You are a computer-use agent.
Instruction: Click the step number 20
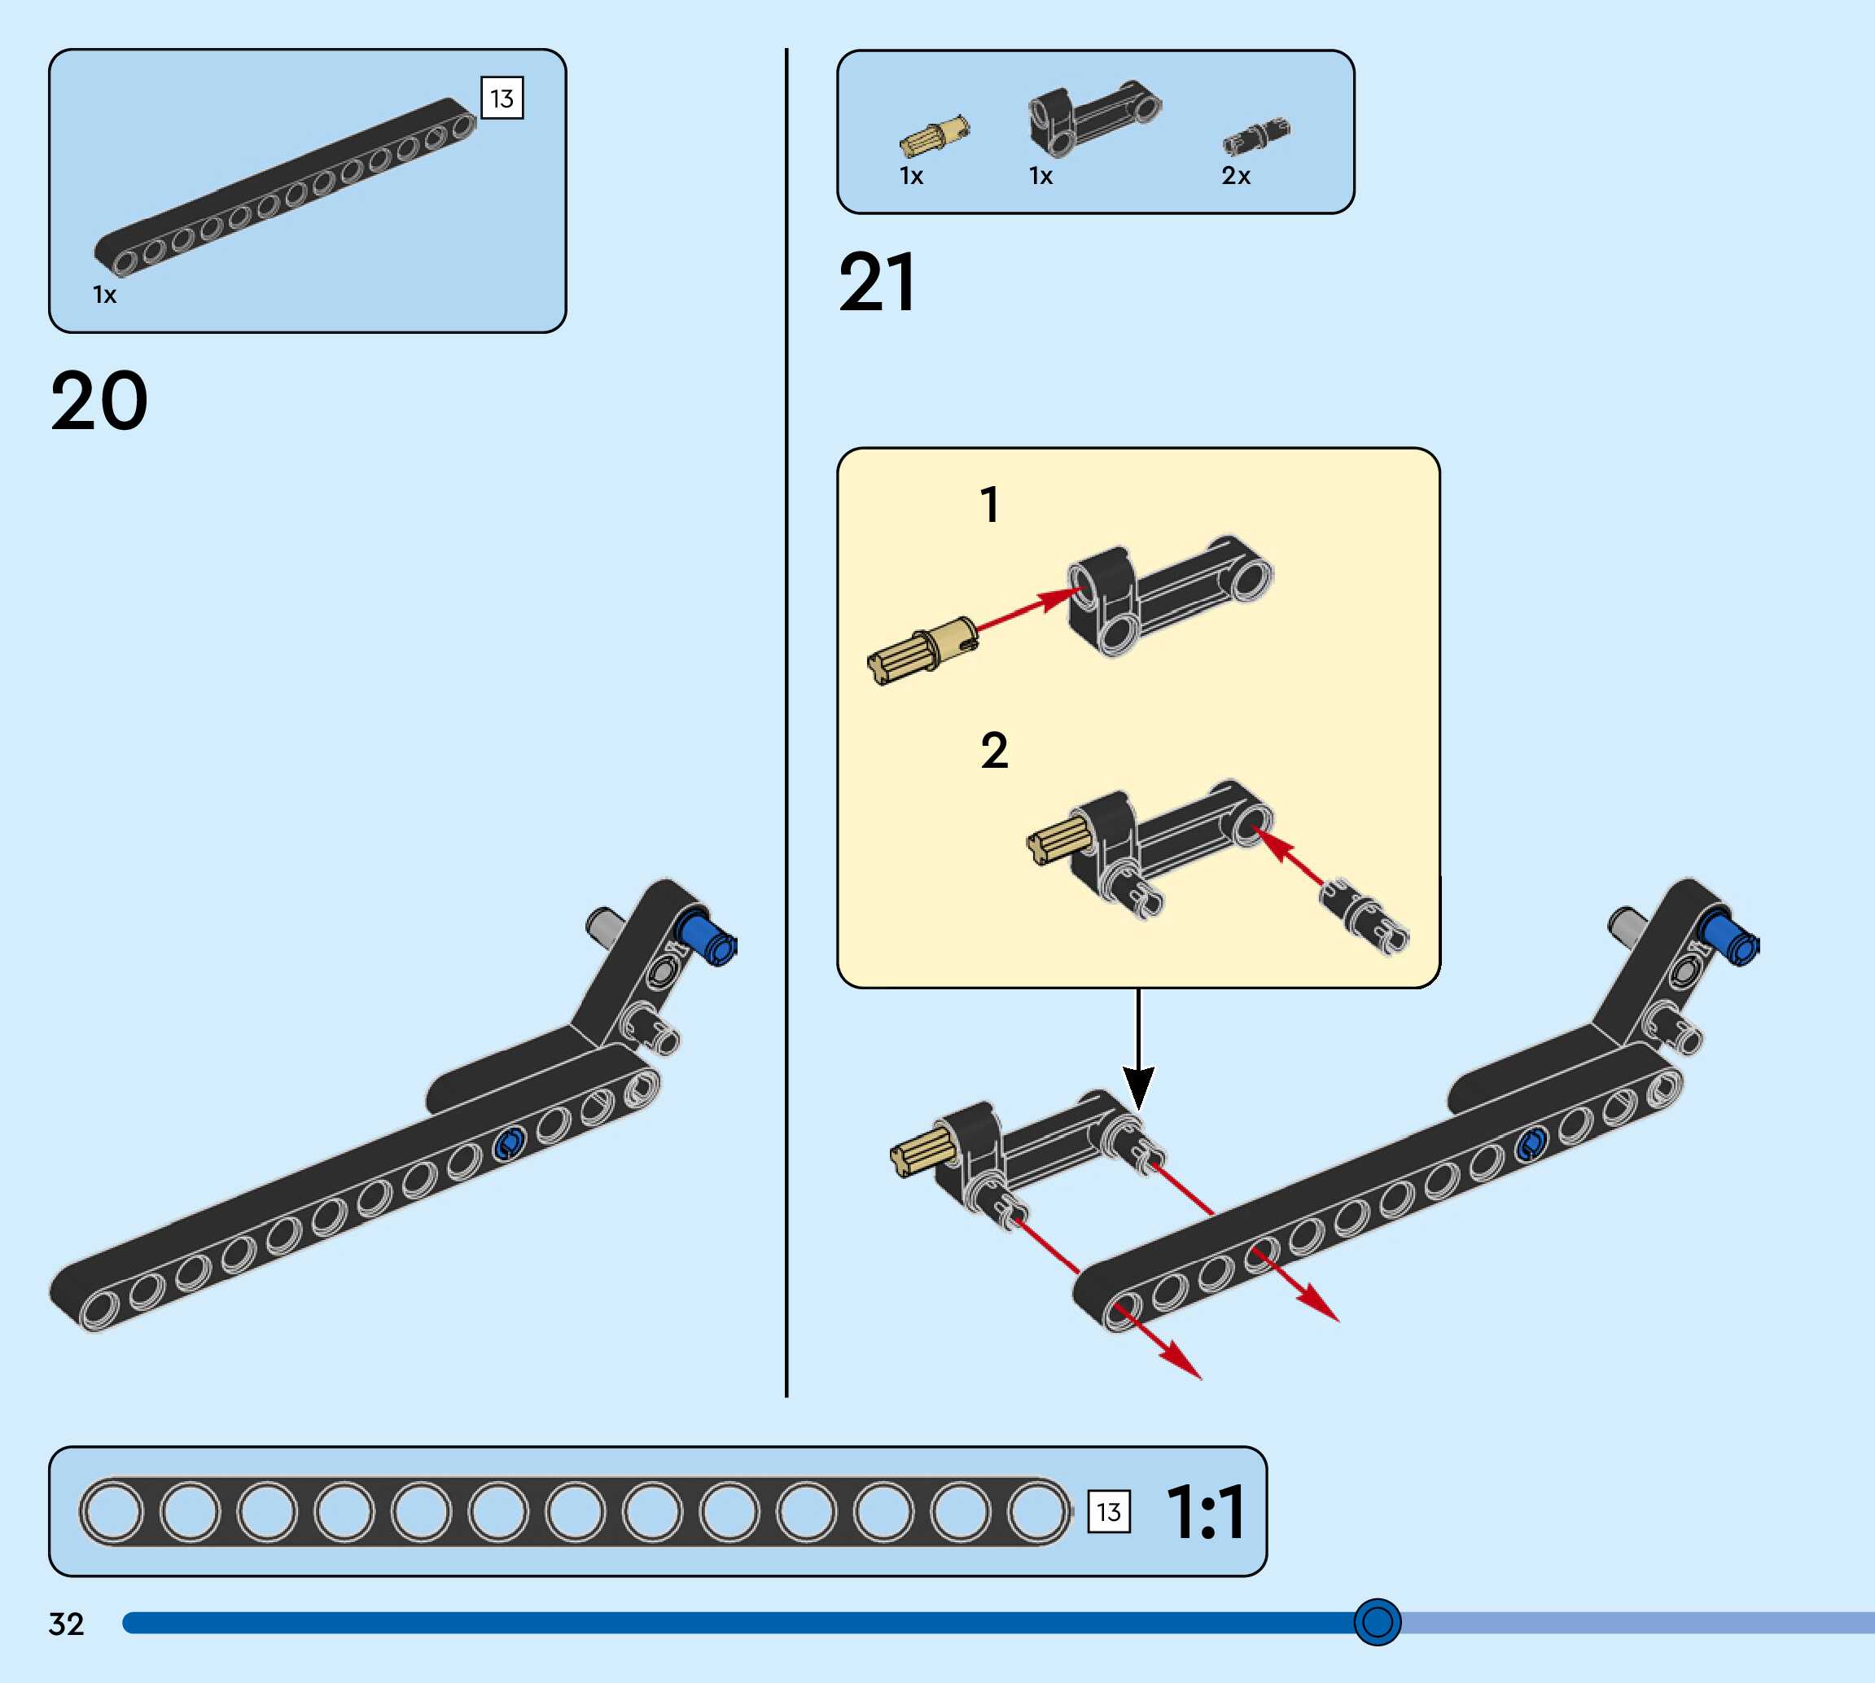[99, 401]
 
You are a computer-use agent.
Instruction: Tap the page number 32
[67, 1624]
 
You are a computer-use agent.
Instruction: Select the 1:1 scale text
[1206, 1513]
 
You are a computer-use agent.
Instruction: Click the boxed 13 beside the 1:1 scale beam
[1109, 1512]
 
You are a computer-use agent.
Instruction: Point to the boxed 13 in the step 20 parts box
[502, 98]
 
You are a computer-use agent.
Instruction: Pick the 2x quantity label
[1235, 176]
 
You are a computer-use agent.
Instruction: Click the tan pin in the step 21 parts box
[934, 137]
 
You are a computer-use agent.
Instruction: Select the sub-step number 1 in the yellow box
[989, 505]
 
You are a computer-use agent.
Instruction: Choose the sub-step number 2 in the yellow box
[994, 750]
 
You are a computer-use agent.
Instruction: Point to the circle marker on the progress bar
[1377, 1622]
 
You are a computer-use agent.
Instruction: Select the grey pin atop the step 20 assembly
[606, 926]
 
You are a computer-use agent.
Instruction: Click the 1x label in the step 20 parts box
[104, 295]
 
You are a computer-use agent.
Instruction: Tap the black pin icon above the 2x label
[1255, 137]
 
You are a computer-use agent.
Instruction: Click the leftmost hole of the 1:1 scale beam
[114, 1512]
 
